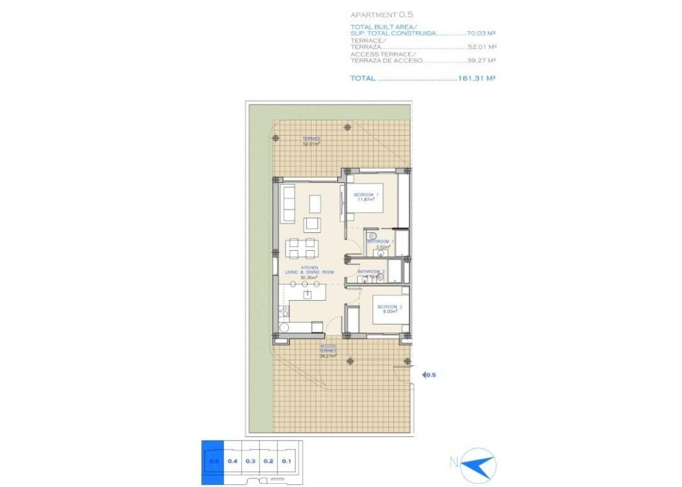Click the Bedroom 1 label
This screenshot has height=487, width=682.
[x=366, y=197]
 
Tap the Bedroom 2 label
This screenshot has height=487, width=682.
[x=389, y=309]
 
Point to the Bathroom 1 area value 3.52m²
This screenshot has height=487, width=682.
[x=382, y=247]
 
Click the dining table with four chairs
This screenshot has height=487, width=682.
[x=301, y=249]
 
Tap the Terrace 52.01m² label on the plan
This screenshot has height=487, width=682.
[x=311, y=141]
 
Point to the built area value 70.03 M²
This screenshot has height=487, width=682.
[x=483, y=32]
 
